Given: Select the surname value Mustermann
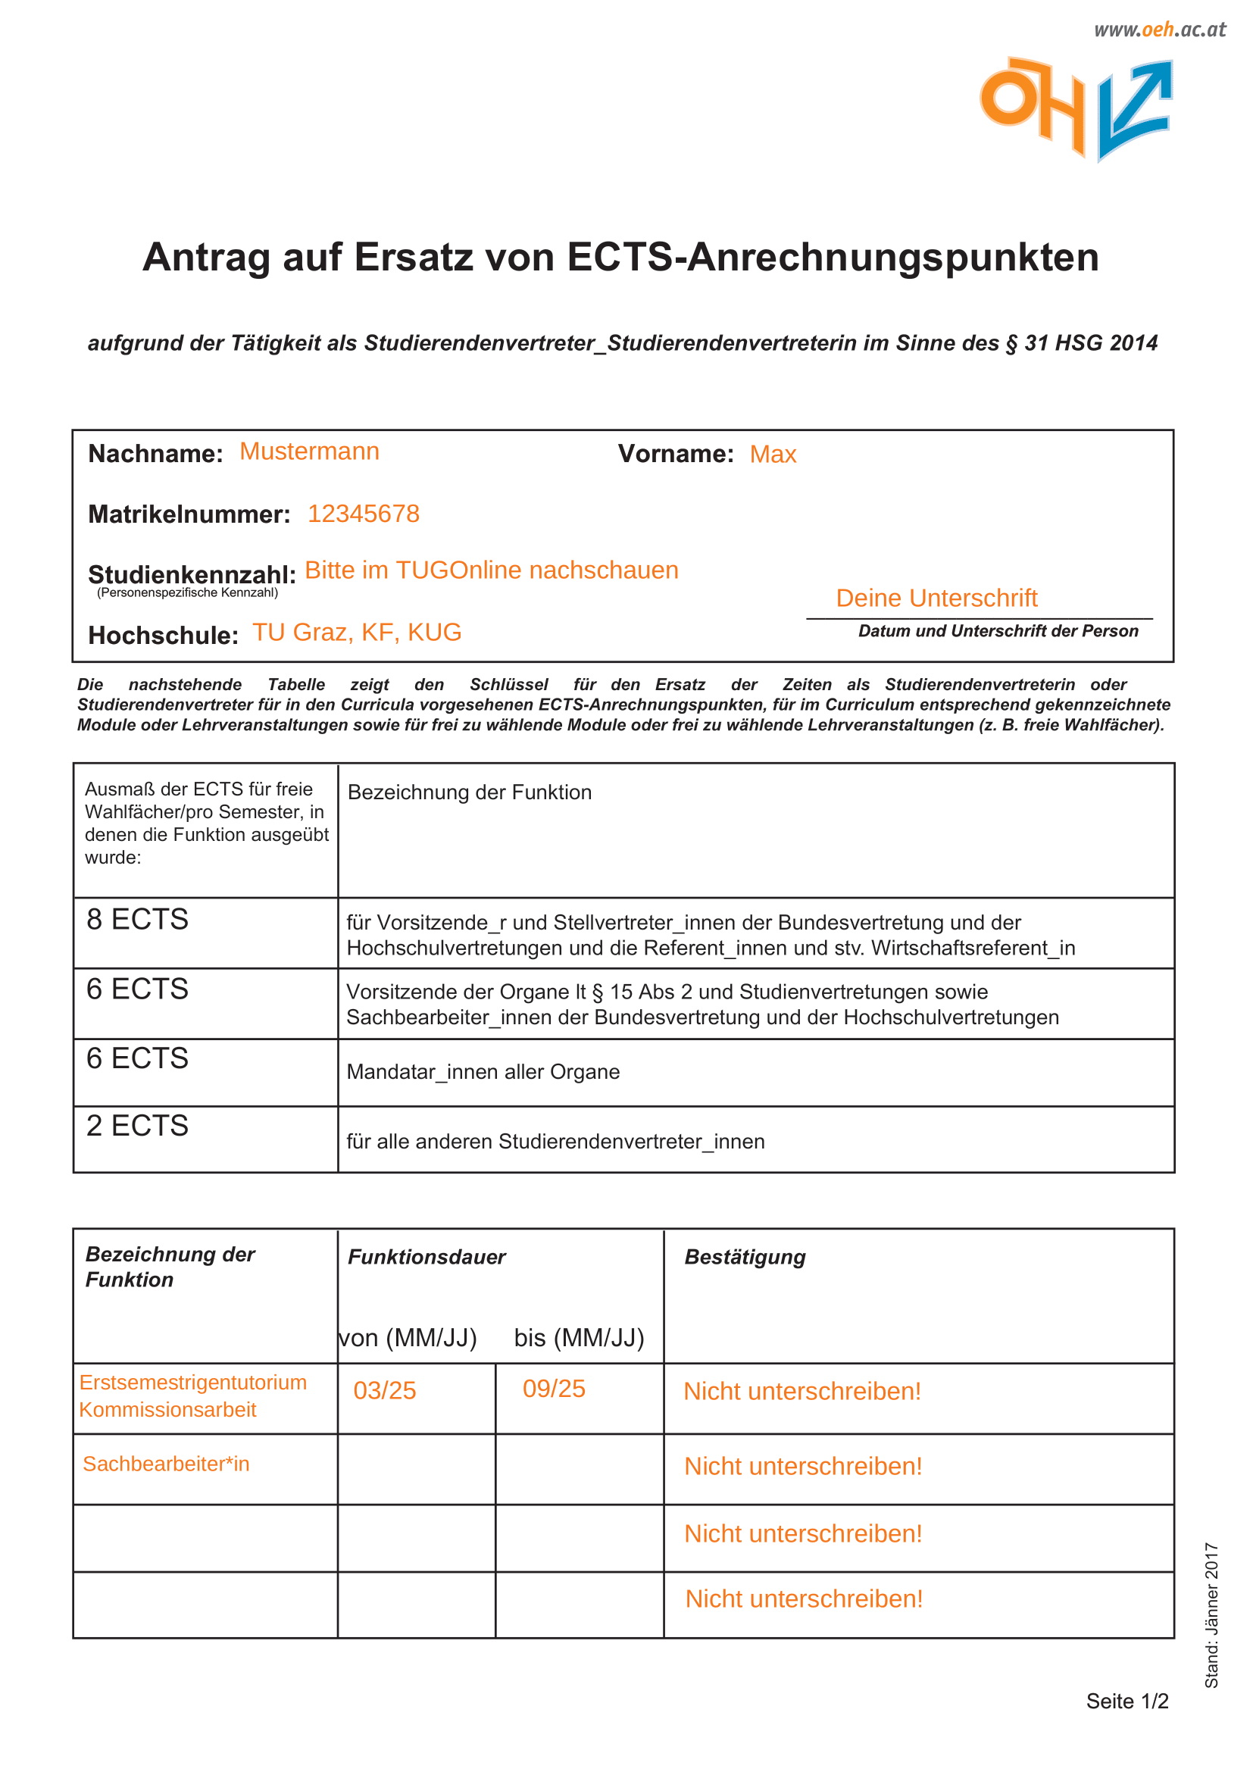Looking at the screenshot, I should click(309, 452).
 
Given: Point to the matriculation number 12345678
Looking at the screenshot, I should click(364, 514).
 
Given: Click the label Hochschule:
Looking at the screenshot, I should click(163, 635).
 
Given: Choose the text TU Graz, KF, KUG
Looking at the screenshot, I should click(358, 632).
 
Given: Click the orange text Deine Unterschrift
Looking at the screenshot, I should click(936, 598).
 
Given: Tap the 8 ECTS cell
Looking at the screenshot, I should click(137, 919).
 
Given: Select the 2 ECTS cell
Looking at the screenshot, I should click(137, 1126).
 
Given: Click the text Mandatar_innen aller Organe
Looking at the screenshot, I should click(483, 1072).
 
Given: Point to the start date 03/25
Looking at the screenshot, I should click(384, 1391).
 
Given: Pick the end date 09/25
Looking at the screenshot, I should click(554, 1389).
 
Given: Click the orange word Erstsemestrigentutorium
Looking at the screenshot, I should click(193, 1383).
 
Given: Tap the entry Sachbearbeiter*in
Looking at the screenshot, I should click(166, 1464).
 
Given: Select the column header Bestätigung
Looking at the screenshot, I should click(745, 1258).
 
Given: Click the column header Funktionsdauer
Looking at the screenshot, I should click(427, 1258).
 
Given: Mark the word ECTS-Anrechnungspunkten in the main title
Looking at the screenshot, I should click(833, 257).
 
